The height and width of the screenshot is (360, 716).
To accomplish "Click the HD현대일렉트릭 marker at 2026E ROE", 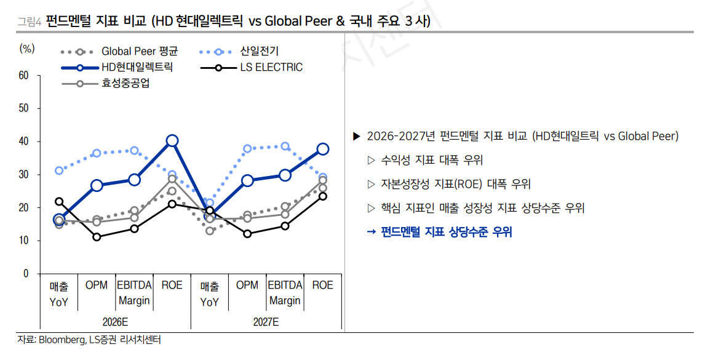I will pyautogui.click(x=172, y=141).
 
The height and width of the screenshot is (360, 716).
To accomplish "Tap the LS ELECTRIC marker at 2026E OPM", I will pyautogui.click(x=97, y=237).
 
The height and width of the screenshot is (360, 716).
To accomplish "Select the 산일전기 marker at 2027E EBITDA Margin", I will pyautogui.click(x=285, y=146).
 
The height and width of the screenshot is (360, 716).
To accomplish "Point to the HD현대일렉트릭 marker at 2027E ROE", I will pyautogui.click(x=322, y=149).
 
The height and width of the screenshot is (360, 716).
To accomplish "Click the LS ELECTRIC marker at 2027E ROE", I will pyautogui.click(x=322, y=196).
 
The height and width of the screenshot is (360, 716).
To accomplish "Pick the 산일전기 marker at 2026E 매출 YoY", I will pyautogui.click(x=59, y=170).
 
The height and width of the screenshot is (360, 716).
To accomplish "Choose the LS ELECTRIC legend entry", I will pyautogui.click(x=271, y=67).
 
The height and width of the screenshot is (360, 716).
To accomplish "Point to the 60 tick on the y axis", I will pyautogui.click(x=24, y=76).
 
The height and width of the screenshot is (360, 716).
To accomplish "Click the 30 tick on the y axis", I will pyautogui.click(x=24, y=175).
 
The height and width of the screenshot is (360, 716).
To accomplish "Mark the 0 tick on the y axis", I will pyautogui.click(x=26, y=274).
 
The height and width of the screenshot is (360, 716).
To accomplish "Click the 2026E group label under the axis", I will pyautogui.click(x=116, y=322).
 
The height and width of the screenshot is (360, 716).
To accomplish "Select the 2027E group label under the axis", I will pyautogui.click(x=266, y=322).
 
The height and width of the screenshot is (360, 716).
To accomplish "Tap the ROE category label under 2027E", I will pyautogui.click(x=322, y=286).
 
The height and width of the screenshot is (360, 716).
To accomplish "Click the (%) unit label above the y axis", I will pyautogui.click(x=27, y=48).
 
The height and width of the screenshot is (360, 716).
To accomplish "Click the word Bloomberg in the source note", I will pyautogui.click(x=62, y=340).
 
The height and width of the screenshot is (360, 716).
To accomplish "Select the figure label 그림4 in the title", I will pyautogui.click(x=29, y=22).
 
